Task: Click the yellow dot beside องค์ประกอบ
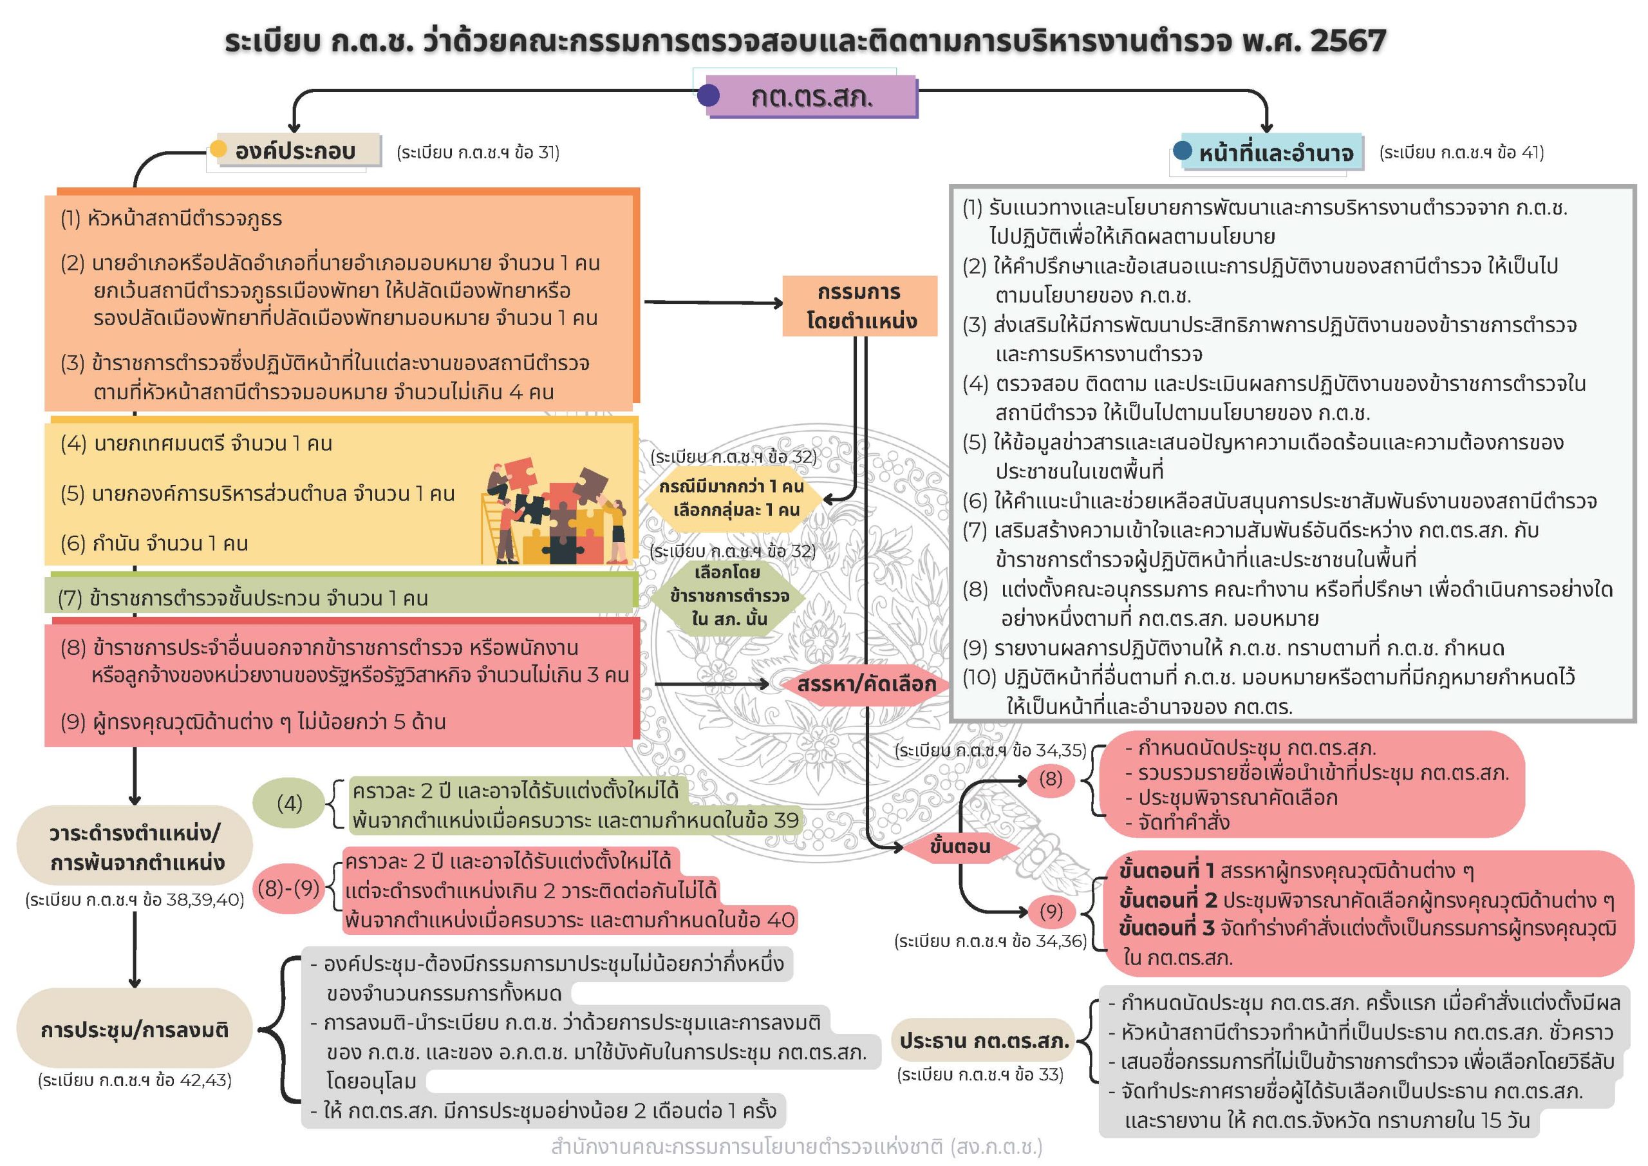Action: click(218, 149)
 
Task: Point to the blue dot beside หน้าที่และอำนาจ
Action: click(1182, 151)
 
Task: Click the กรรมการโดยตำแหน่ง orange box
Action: click(860, 306)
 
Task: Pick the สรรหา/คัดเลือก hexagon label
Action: click(866, 684)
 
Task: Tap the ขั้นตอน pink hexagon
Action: click(960, 847)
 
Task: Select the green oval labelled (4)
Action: click(289, 803)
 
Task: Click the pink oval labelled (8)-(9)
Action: click(288, 889)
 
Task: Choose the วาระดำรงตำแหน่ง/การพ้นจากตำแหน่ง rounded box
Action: click(135, 847)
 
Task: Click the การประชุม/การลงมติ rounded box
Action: click(135, 1030)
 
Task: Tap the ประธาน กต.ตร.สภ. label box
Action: click(984, 1040)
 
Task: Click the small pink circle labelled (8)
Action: click(1050, 779)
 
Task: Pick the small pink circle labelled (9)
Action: click(1050, 911)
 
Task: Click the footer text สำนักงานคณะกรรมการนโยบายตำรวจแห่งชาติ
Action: click(796, 1147)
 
